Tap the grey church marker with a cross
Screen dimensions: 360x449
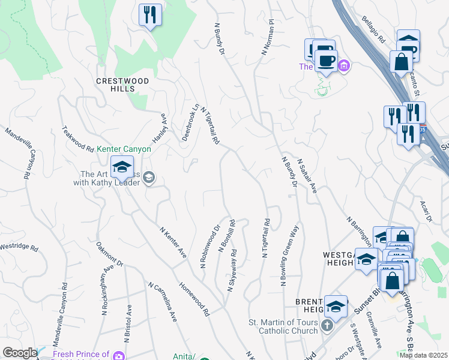pos(327,326)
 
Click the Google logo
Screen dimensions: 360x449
pos(20,353)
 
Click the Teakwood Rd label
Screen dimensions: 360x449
pos(79,139)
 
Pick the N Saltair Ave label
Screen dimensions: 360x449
pos(306,175)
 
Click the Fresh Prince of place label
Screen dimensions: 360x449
pos(81,355)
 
